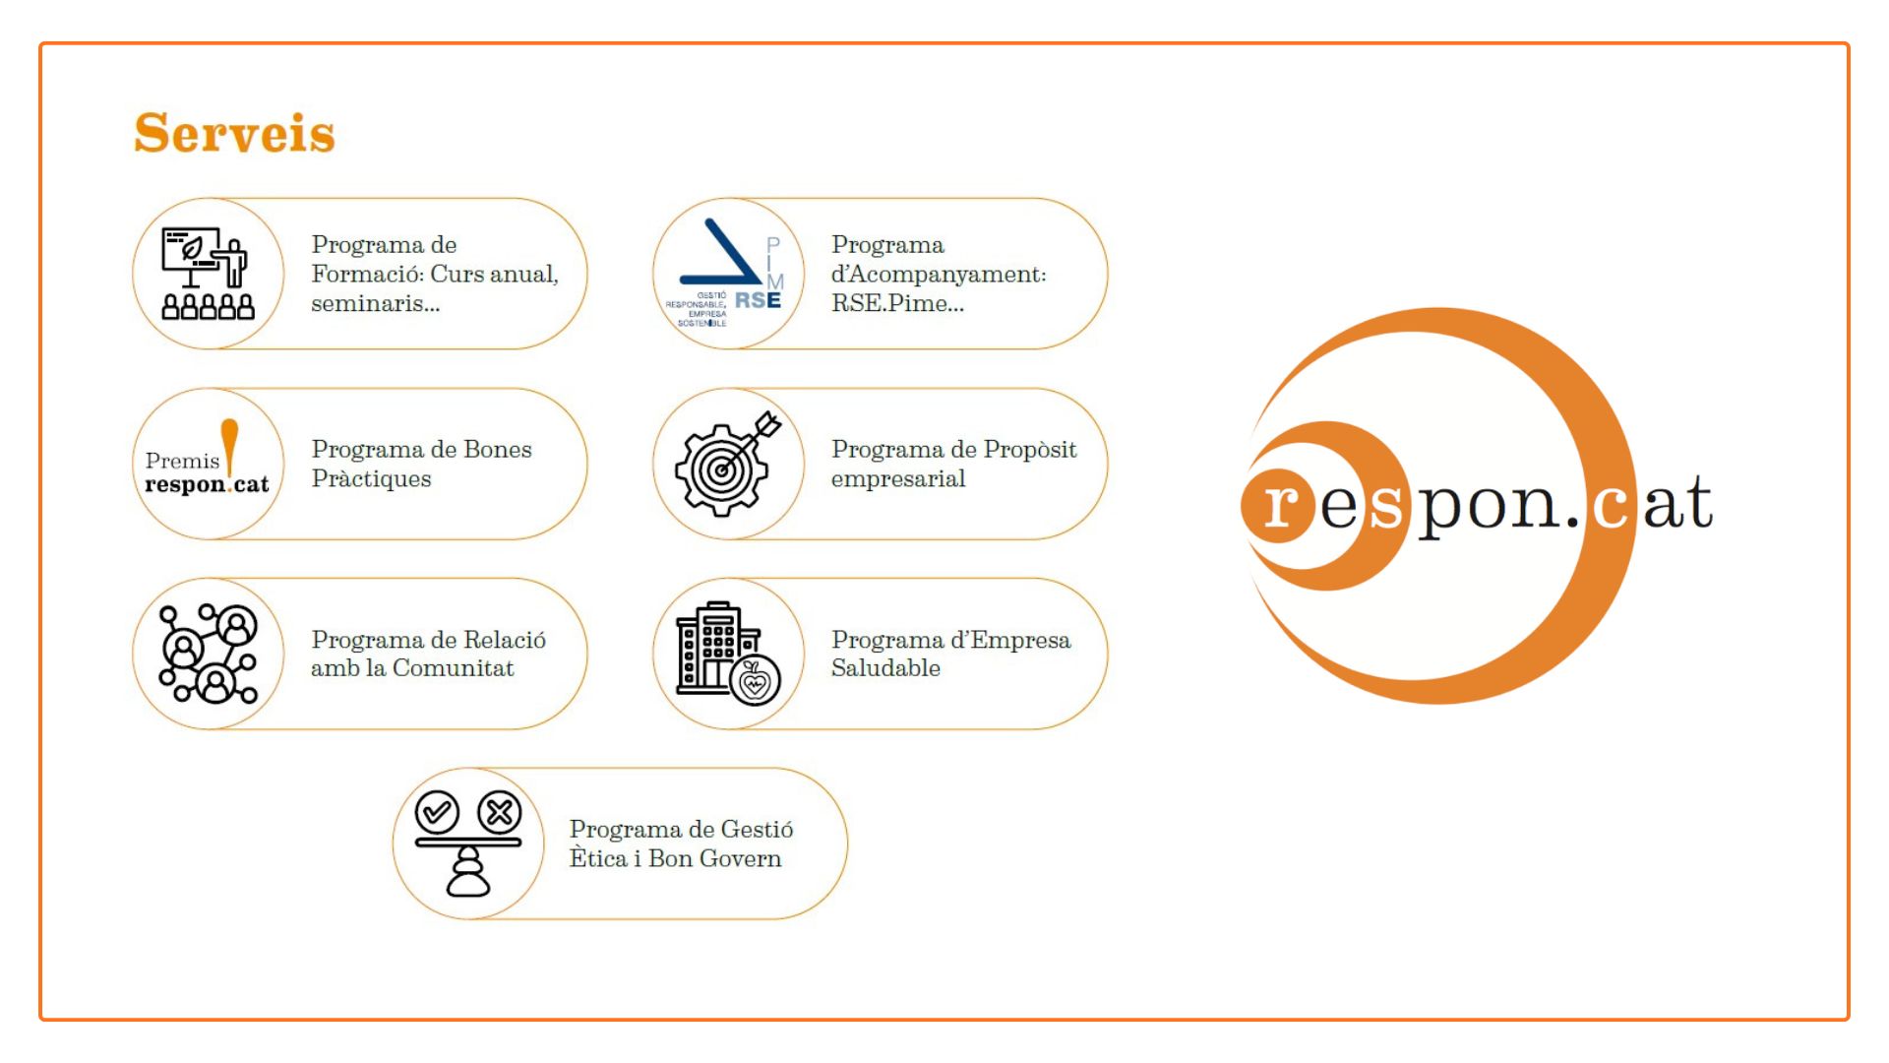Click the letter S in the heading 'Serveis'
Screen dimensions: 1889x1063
point(152,134)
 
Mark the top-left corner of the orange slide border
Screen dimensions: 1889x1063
point(40,43)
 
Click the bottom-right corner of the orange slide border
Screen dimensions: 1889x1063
point(1849,1020)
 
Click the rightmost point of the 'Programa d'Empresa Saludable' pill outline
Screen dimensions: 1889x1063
point(1108,654)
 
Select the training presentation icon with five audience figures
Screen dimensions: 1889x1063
point(208,274)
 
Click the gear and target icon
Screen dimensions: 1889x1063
point(728,464)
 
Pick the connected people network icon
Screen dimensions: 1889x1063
point(209,654)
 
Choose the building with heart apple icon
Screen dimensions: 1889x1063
point(728,654)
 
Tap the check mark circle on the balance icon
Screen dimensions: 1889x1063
point(437,812)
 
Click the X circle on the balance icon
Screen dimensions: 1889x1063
point(500,812)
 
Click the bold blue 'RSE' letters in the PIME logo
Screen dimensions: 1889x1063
point(758,300)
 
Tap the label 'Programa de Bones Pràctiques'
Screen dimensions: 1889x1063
point(421,464)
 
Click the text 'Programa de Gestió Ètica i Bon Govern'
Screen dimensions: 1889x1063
point(681,844)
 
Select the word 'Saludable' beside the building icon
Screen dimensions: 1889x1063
point(885,668)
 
